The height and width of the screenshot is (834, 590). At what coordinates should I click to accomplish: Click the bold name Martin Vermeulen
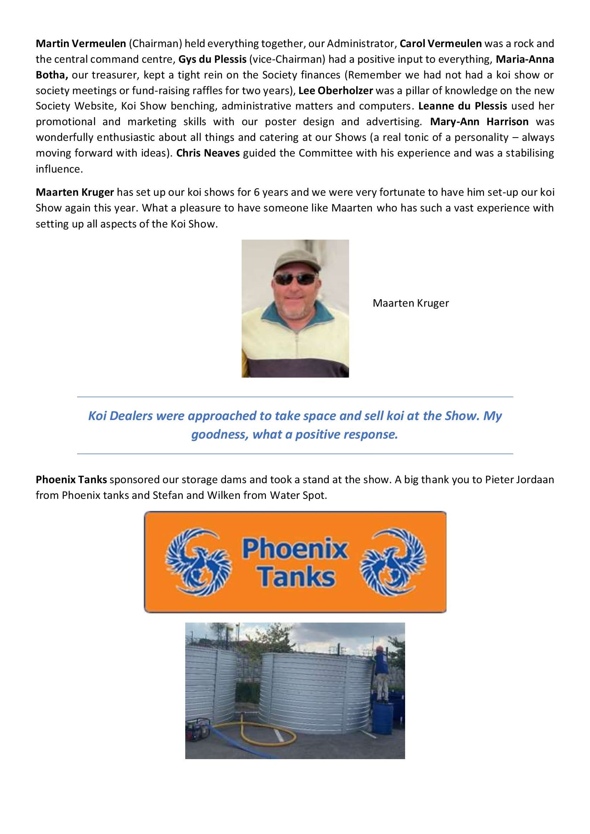click(81, 44)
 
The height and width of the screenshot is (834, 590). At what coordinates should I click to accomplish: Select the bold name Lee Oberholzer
click(336, 91)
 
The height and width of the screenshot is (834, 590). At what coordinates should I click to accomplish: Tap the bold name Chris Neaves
click(208, 153)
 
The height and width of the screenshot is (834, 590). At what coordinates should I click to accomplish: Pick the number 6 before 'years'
click(256, 192)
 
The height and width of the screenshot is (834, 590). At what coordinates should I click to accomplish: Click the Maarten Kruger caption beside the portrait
click(410, 303)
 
